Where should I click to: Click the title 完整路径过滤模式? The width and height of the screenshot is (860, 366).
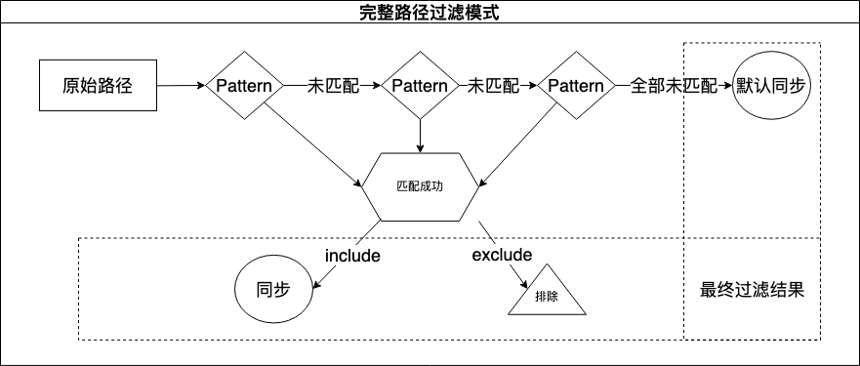click(430, 14)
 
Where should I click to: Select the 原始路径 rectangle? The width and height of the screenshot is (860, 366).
click(96, 85)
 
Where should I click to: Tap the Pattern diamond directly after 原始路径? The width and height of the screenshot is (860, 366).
click(244, 86)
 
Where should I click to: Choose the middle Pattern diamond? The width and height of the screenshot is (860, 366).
click(420, 86)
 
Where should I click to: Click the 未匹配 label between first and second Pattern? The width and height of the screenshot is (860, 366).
click(333, 86)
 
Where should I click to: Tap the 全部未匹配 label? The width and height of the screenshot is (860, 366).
click(674, 86)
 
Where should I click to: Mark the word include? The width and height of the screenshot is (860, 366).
click(352, 256)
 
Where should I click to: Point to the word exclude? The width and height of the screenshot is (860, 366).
click(502, 255)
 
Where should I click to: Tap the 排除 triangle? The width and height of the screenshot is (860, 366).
click(547, 295)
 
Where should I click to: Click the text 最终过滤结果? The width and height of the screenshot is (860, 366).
click(753, 290)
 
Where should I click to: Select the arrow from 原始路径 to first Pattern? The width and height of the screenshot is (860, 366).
click(181, 86)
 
